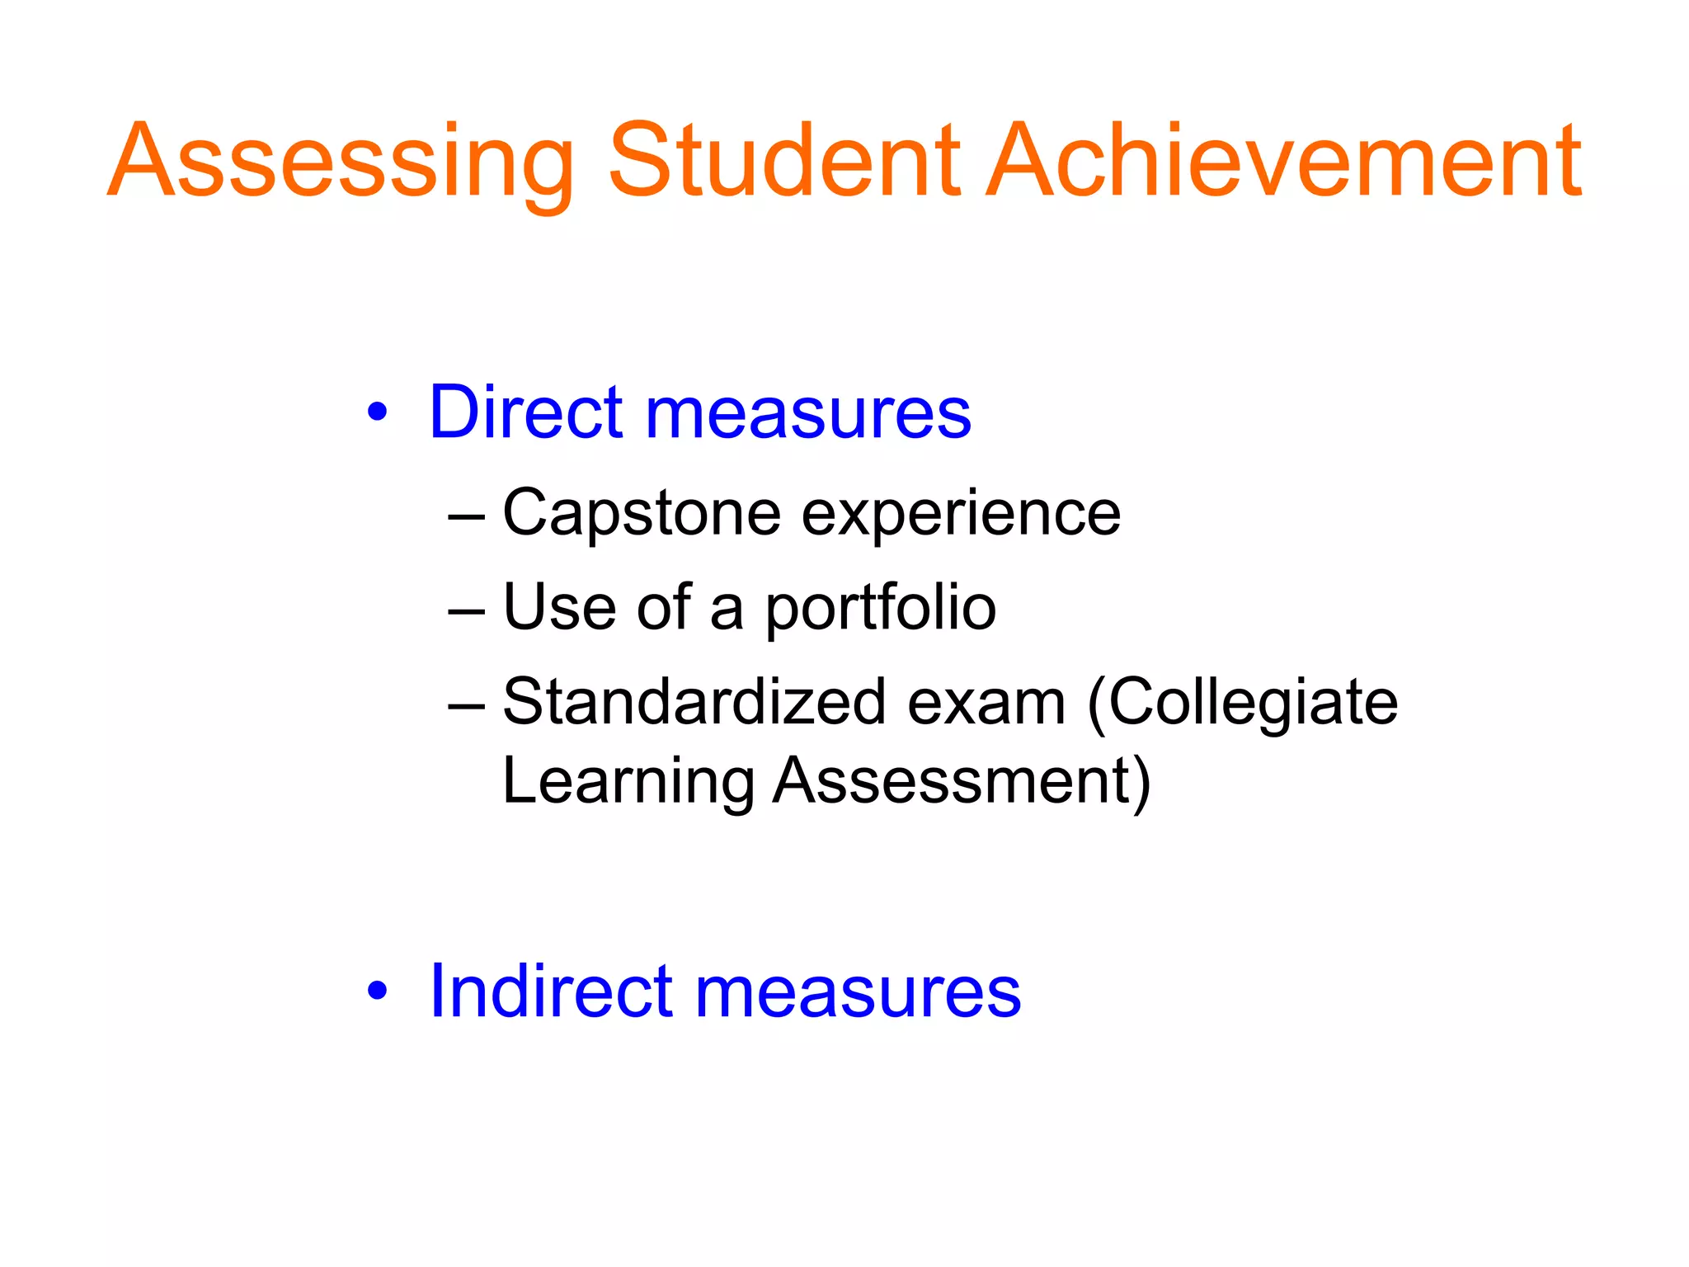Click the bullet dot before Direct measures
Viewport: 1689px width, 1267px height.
point(377,412)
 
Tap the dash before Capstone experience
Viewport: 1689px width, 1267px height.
point(467,517)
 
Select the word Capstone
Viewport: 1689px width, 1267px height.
point(642,515)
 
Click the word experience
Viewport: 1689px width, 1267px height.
point(961,515)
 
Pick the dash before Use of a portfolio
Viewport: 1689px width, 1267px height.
point(467,611)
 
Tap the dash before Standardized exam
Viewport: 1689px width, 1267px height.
point(467,706)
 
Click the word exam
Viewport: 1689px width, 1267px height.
point(986,704)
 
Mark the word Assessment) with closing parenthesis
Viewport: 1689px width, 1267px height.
point(962,782)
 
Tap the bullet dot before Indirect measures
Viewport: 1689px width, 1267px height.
point(377,991)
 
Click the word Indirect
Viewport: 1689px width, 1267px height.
point(551,991)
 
